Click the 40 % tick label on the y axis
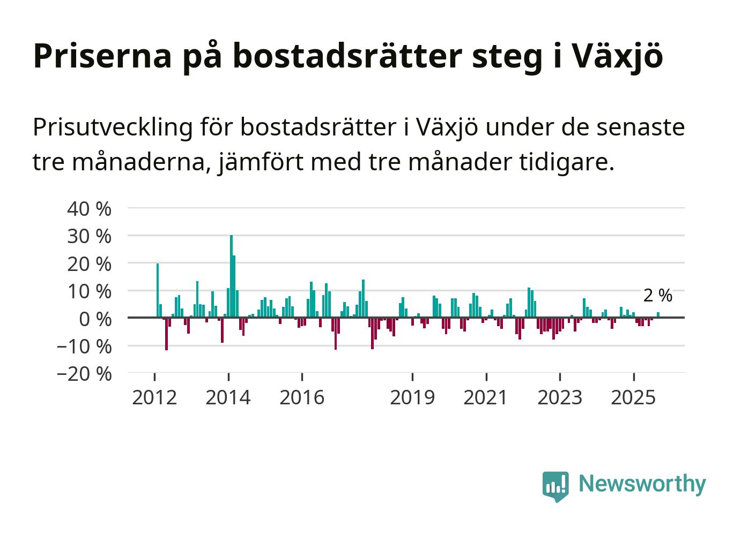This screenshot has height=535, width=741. tap(89, 209)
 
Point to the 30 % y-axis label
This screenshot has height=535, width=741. tap(89, 236)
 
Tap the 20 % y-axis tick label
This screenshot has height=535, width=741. tap(89, 264)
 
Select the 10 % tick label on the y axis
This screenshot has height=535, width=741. tap(89, 292)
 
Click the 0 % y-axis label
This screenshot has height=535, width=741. tap(95, 319)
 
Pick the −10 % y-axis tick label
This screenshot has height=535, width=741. tap(84, 346)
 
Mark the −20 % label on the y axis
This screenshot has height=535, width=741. tap(84, 374)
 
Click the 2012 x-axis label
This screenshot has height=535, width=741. tap(154, 397)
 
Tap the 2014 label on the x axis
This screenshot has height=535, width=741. tap(228, 397)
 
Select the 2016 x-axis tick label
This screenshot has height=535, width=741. tap(302, 397)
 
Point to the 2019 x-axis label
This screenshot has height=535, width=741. tap(412, 397)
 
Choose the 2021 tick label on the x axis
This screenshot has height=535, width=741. tap(486, 397)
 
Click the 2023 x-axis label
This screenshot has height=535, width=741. tap(560, 397)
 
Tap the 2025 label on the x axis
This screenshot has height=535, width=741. tap(633, 397)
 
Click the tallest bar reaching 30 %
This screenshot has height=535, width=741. tap(231, 276)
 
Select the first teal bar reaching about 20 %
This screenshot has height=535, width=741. tap(158, 290)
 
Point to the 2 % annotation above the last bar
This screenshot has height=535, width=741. tap(657, 295)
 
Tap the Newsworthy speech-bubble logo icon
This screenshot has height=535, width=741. tap(555, 486)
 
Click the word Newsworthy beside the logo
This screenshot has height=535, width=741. tap(642, 484)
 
